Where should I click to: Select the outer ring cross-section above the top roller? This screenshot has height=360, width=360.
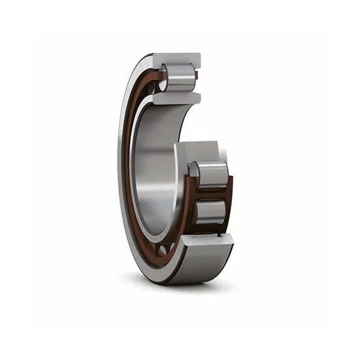click(x=177, y=60)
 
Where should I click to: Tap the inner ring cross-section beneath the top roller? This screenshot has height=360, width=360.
click(x=177, y=98)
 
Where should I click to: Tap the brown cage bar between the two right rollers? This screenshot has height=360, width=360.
click(x=210, y=193)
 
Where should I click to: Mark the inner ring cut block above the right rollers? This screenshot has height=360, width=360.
click(x=198, y=151)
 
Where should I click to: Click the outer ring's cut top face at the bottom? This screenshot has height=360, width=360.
click(x=207, y=241)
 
